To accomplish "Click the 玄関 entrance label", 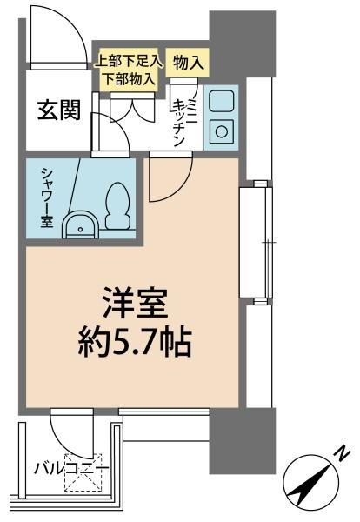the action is (58, 110).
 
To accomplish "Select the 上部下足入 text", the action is (129, 62).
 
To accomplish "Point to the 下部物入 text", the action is (129, 78).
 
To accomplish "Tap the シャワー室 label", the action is (47, 197).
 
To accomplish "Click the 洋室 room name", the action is (135, 303).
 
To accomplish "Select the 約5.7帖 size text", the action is (135, 343).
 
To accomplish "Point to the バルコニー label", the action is (72, 470).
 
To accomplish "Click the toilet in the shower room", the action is (118, 205).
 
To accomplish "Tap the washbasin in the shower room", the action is (80, 225).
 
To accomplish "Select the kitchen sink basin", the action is (221, 102).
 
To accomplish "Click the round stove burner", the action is (221, 131).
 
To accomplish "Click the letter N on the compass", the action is (342, 455).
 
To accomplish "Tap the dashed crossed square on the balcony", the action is (83, 472).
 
